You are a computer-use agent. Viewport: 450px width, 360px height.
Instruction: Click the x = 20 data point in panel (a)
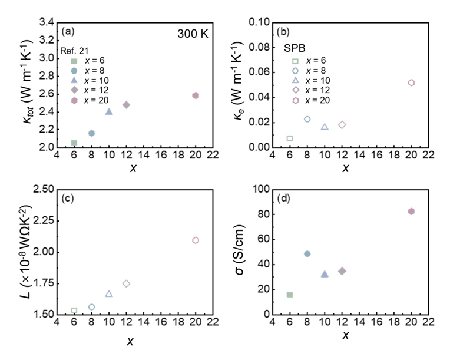[196, 95]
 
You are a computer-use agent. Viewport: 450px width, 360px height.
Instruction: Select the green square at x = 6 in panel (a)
[74, 143]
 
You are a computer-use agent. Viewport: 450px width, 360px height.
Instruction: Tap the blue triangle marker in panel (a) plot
[109, 111]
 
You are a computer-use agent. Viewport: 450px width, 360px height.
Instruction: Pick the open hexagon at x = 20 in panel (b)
[411, 82]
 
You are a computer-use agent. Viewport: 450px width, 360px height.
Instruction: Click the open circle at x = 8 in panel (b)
[307, 119]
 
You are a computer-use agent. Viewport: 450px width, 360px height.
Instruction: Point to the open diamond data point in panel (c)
[126, 283]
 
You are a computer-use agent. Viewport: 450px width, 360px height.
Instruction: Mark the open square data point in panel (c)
[74, 311]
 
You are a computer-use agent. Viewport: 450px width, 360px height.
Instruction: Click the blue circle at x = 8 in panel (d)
[307, 254]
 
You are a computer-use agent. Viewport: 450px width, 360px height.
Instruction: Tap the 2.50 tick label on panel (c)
[42, 190]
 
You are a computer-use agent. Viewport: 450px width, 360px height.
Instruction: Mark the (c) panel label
[67, 198]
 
